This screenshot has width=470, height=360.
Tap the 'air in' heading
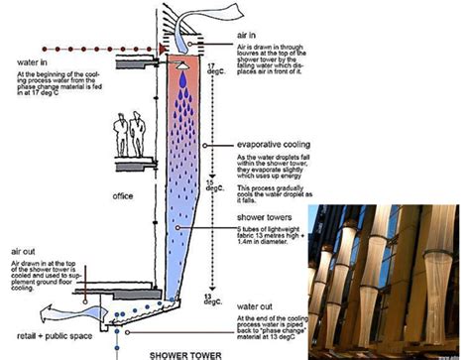[250, 33]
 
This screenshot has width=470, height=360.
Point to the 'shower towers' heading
[262, 216]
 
